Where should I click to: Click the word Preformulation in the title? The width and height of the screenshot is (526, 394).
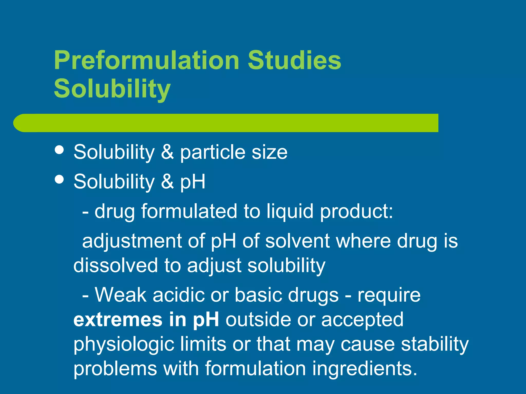click(x=147, y=61)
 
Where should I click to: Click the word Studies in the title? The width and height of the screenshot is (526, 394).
click(x=294, y=61)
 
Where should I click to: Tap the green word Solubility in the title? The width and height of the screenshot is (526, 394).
click(x=112, y=89)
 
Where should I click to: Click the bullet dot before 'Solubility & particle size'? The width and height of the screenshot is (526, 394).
click(x=59, y=150)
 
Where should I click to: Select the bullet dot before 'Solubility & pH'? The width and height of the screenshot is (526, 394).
click(x=59, y=179)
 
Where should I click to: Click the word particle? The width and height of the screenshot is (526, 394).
click(x=212, y=152)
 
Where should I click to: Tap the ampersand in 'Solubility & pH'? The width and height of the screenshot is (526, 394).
click(x=167, y=181)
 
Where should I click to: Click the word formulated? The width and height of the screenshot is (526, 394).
click(x=189, y=211)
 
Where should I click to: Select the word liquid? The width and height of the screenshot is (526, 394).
click(x=290, y=212)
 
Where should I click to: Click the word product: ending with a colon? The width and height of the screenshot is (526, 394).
click(x=356, y=212)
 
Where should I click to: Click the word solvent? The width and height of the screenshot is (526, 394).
click(x=297, y=241)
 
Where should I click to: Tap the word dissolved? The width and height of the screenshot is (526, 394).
click(x=116, y=265)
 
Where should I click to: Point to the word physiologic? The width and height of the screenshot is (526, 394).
click(x=124, y=344)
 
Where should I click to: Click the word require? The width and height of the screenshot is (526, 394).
click(x=389, y=295)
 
